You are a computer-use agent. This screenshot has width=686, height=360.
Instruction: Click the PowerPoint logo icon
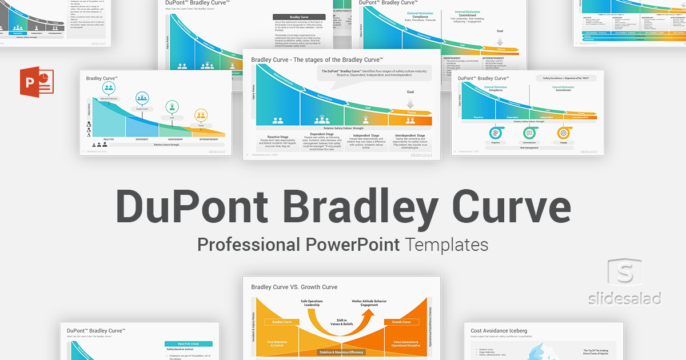[x=35, y=82]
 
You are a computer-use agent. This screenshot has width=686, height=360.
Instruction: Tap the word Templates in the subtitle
[x=447, y=245]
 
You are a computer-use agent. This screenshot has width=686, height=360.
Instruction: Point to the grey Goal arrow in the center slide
[x=410, y=102]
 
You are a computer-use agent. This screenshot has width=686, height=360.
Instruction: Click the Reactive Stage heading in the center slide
[x=277, y=135]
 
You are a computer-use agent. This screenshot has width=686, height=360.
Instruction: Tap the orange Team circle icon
[x=201, y=115]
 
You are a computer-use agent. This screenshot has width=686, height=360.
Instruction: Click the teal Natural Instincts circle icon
[x=109, y=88]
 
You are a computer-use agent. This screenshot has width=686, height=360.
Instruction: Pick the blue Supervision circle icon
[x=142, y=98]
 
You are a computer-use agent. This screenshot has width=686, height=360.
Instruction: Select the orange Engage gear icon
[x=564, y=133]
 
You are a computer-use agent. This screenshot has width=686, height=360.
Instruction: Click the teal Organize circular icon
[x=495, y=133]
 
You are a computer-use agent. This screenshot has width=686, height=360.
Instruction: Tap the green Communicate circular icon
[x=529, y=133]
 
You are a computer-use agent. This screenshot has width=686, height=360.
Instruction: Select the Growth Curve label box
[x=402, y=322]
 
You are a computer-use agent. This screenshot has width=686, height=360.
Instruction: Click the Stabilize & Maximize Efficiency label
[x=341, y=352]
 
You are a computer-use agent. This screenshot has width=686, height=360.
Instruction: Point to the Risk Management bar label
[x=529, y=147]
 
